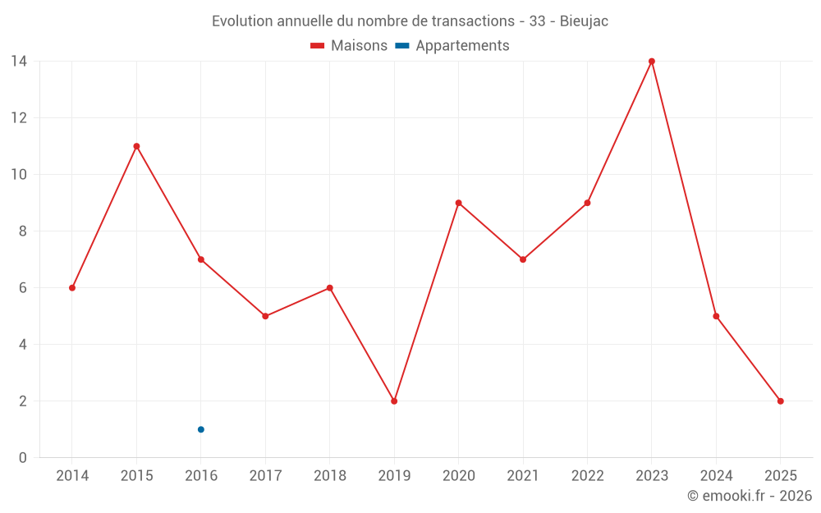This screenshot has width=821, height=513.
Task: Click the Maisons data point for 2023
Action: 652,62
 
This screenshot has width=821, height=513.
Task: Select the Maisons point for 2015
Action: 136,146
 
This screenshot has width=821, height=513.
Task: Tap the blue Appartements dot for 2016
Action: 201,429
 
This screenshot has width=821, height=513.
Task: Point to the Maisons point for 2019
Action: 394,401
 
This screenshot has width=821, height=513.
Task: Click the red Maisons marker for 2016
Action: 201,259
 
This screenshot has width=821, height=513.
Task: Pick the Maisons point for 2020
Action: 458,203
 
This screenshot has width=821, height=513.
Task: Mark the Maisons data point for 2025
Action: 781,401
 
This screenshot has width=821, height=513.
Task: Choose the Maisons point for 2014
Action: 72,288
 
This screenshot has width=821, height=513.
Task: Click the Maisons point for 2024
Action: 716,316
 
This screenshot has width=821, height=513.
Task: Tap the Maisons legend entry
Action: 349,46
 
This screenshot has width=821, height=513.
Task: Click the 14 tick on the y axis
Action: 18,61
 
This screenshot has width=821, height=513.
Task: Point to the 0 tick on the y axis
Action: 22,458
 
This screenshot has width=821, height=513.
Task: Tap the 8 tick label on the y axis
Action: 22,231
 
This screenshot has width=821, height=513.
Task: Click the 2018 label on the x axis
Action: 329,476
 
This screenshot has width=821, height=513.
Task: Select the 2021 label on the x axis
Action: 523,476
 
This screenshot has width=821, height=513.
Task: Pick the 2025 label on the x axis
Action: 781,476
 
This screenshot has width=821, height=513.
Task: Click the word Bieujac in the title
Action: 584,21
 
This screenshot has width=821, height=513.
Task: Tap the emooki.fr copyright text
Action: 750,496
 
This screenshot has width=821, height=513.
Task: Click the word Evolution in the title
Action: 241,21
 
